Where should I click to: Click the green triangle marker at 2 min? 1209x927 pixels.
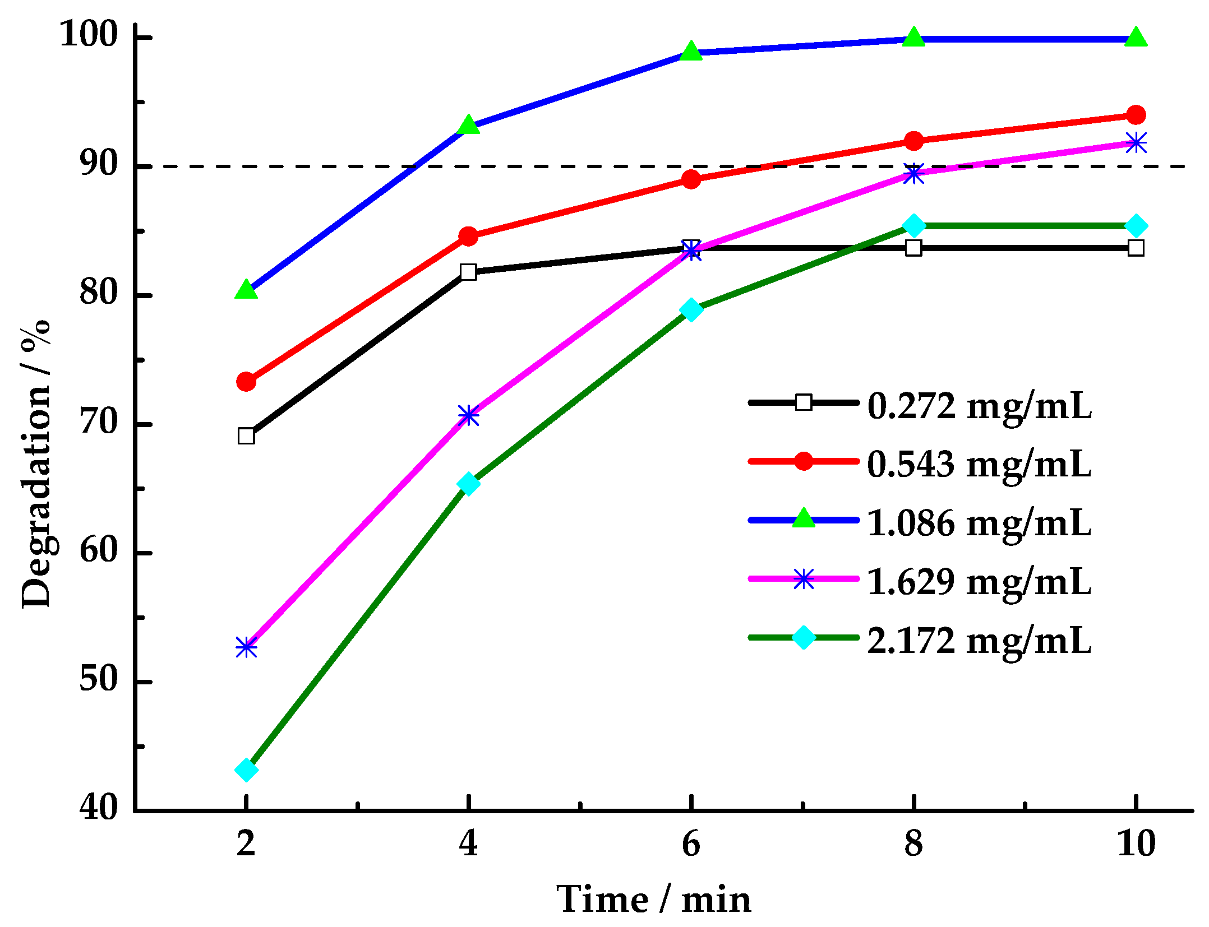(246, 290)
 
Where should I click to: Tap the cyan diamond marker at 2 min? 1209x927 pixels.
(246, 770)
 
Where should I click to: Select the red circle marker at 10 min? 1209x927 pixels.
(1136, 115)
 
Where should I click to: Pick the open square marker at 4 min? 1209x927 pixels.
(468, 272)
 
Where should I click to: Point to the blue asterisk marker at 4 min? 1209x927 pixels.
(468, 415)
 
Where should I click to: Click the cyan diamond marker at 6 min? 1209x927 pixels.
(691, 309)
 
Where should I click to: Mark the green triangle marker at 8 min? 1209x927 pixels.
(913, 38)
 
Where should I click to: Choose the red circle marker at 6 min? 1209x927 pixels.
(691, 179)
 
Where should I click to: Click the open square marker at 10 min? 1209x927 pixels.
(1136, 248)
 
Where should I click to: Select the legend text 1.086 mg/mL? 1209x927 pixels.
(979, 523)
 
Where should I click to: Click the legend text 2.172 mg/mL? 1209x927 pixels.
(979, 640)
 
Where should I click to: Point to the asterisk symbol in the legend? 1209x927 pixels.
(804, 579)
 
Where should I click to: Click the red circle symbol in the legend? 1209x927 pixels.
(804, 461)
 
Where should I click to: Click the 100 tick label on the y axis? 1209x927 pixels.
(89, 35)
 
